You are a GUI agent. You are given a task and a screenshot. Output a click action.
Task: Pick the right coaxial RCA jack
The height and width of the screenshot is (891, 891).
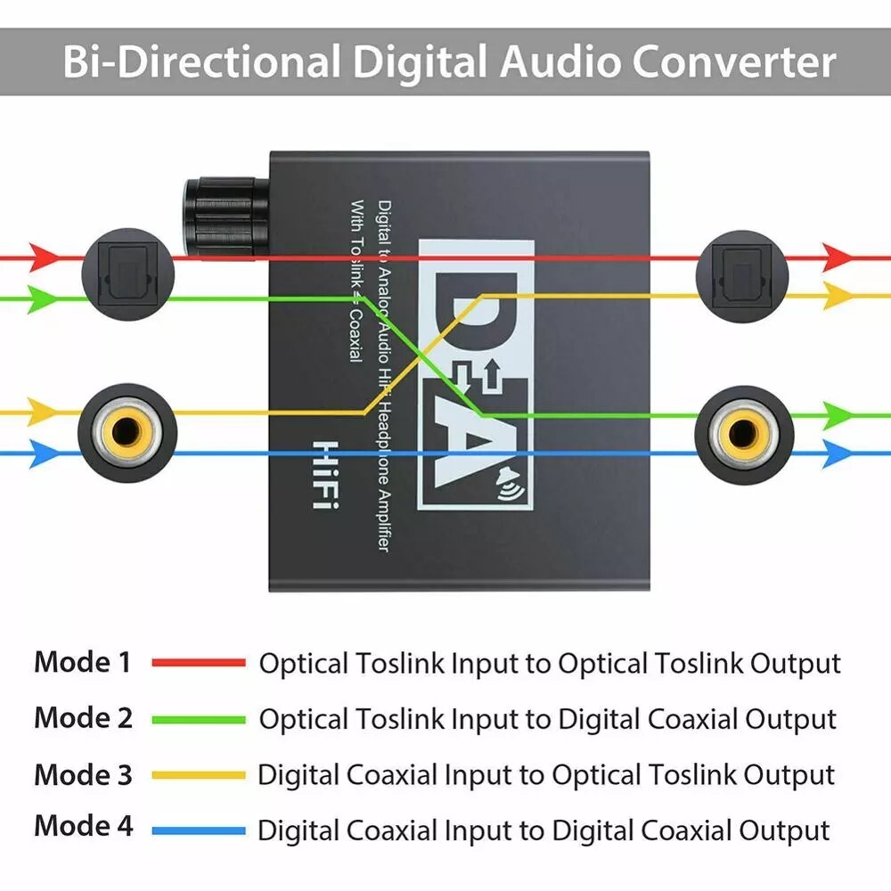(740, 433)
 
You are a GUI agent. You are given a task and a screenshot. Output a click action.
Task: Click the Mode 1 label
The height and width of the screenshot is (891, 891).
(82, 662)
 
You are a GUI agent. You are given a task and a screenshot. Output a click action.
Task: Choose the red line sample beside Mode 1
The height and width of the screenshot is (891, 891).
(198, 663)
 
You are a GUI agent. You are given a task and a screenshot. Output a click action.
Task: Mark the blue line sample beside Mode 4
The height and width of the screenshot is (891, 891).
(198, 830)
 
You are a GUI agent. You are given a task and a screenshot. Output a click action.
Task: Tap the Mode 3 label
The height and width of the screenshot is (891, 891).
(82, 774)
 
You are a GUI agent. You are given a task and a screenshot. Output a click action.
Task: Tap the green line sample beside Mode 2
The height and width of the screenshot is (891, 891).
(198, 719)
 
